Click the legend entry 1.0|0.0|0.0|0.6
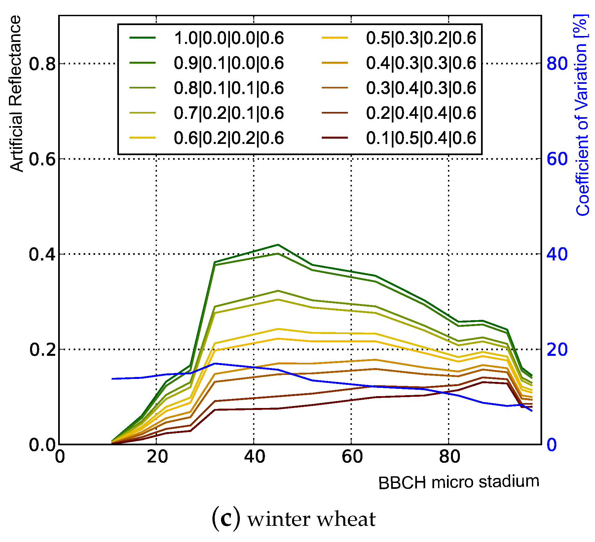pos(229,38)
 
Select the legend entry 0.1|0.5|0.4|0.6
pos(421,138)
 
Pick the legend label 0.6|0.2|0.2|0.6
pos(229,138)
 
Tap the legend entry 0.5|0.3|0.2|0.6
pos(421,38)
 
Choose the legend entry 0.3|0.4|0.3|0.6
pos(421,88)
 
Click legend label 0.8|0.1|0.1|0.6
pos(229,88)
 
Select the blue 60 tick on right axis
pos(557,159)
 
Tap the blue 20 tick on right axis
pos(557,350)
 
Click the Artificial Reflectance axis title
pos(16,94)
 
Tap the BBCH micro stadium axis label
pos(459,482)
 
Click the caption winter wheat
pos(293,519)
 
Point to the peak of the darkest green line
pos(278,245)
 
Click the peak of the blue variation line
pos(215,363)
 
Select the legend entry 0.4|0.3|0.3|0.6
pos(421,63)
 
